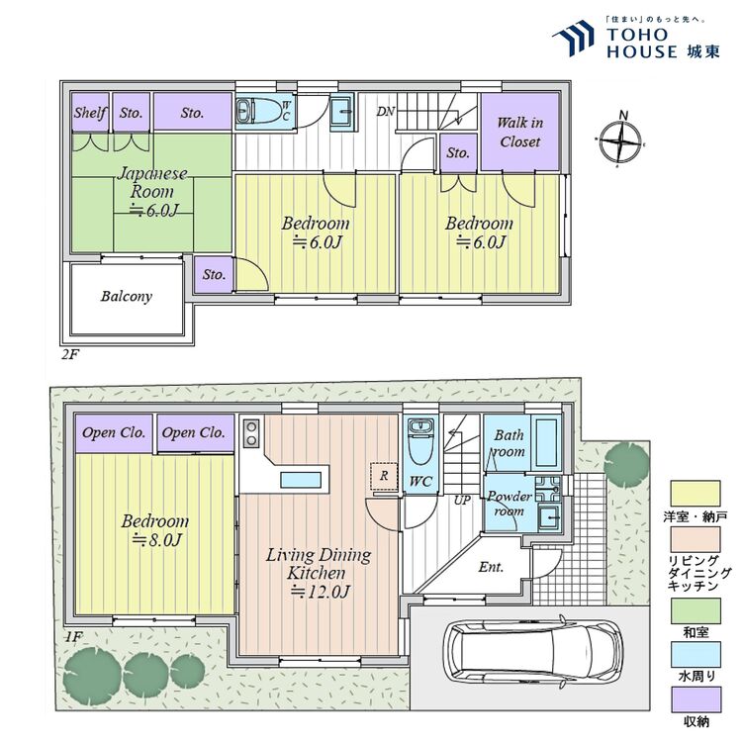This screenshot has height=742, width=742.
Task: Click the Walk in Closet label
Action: (519, 132)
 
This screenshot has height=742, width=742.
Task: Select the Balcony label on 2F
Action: (126, 296)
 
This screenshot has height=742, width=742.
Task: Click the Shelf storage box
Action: (90, 113)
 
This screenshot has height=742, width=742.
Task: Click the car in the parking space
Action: (532, 656)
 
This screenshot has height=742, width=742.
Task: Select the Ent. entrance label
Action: (491, 567)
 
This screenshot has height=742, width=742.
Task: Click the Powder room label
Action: (509, 503)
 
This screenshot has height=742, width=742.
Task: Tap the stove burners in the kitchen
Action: (250, 434)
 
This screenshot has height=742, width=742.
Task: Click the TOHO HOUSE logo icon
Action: (572, 41)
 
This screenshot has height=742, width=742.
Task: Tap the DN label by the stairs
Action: (386, 111)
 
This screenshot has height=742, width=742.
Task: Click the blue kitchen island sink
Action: (302, 480)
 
